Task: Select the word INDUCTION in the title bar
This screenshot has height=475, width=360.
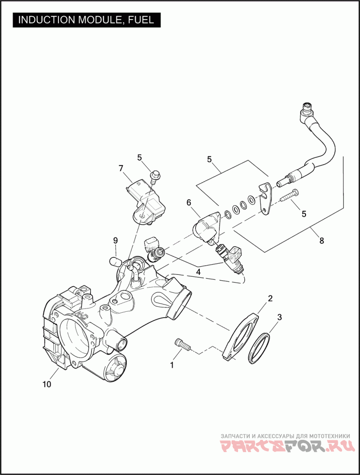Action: coord(47,20)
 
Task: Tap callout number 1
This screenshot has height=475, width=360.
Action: coord(172,365)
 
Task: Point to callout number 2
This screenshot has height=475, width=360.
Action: coord(270,298)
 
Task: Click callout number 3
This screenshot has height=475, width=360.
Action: coord(279,318)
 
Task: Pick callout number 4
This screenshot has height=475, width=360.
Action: coord(198,272)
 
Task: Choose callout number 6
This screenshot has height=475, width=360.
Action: coord(189,203)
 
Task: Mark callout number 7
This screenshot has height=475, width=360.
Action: coord(121,168)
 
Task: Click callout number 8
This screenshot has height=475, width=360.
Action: coord(321,241)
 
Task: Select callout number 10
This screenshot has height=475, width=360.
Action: coord(47,385)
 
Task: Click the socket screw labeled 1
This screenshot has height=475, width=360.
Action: coord(182,344)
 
